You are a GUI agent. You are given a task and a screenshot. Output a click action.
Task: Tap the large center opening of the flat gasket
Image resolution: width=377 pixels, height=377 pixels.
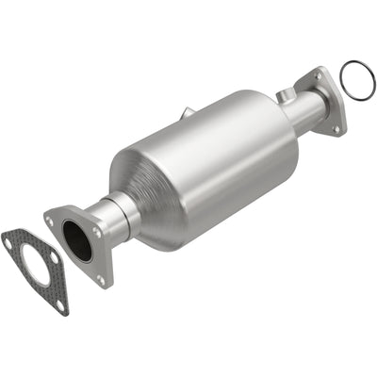pos(37,267)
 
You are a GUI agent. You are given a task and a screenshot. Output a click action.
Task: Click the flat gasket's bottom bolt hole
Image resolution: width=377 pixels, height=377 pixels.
pos(60,303)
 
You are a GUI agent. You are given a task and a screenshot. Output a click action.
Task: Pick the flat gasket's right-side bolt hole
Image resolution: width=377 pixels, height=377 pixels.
pos(56,257)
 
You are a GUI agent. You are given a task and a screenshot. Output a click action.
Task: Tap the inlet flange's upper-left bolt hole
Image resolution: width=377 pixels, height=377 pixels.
pos(50,221)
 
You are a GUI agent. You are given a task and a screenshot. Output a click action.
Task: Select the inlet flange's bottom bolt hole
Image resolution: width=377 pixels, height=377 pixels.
pos(99,278)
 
